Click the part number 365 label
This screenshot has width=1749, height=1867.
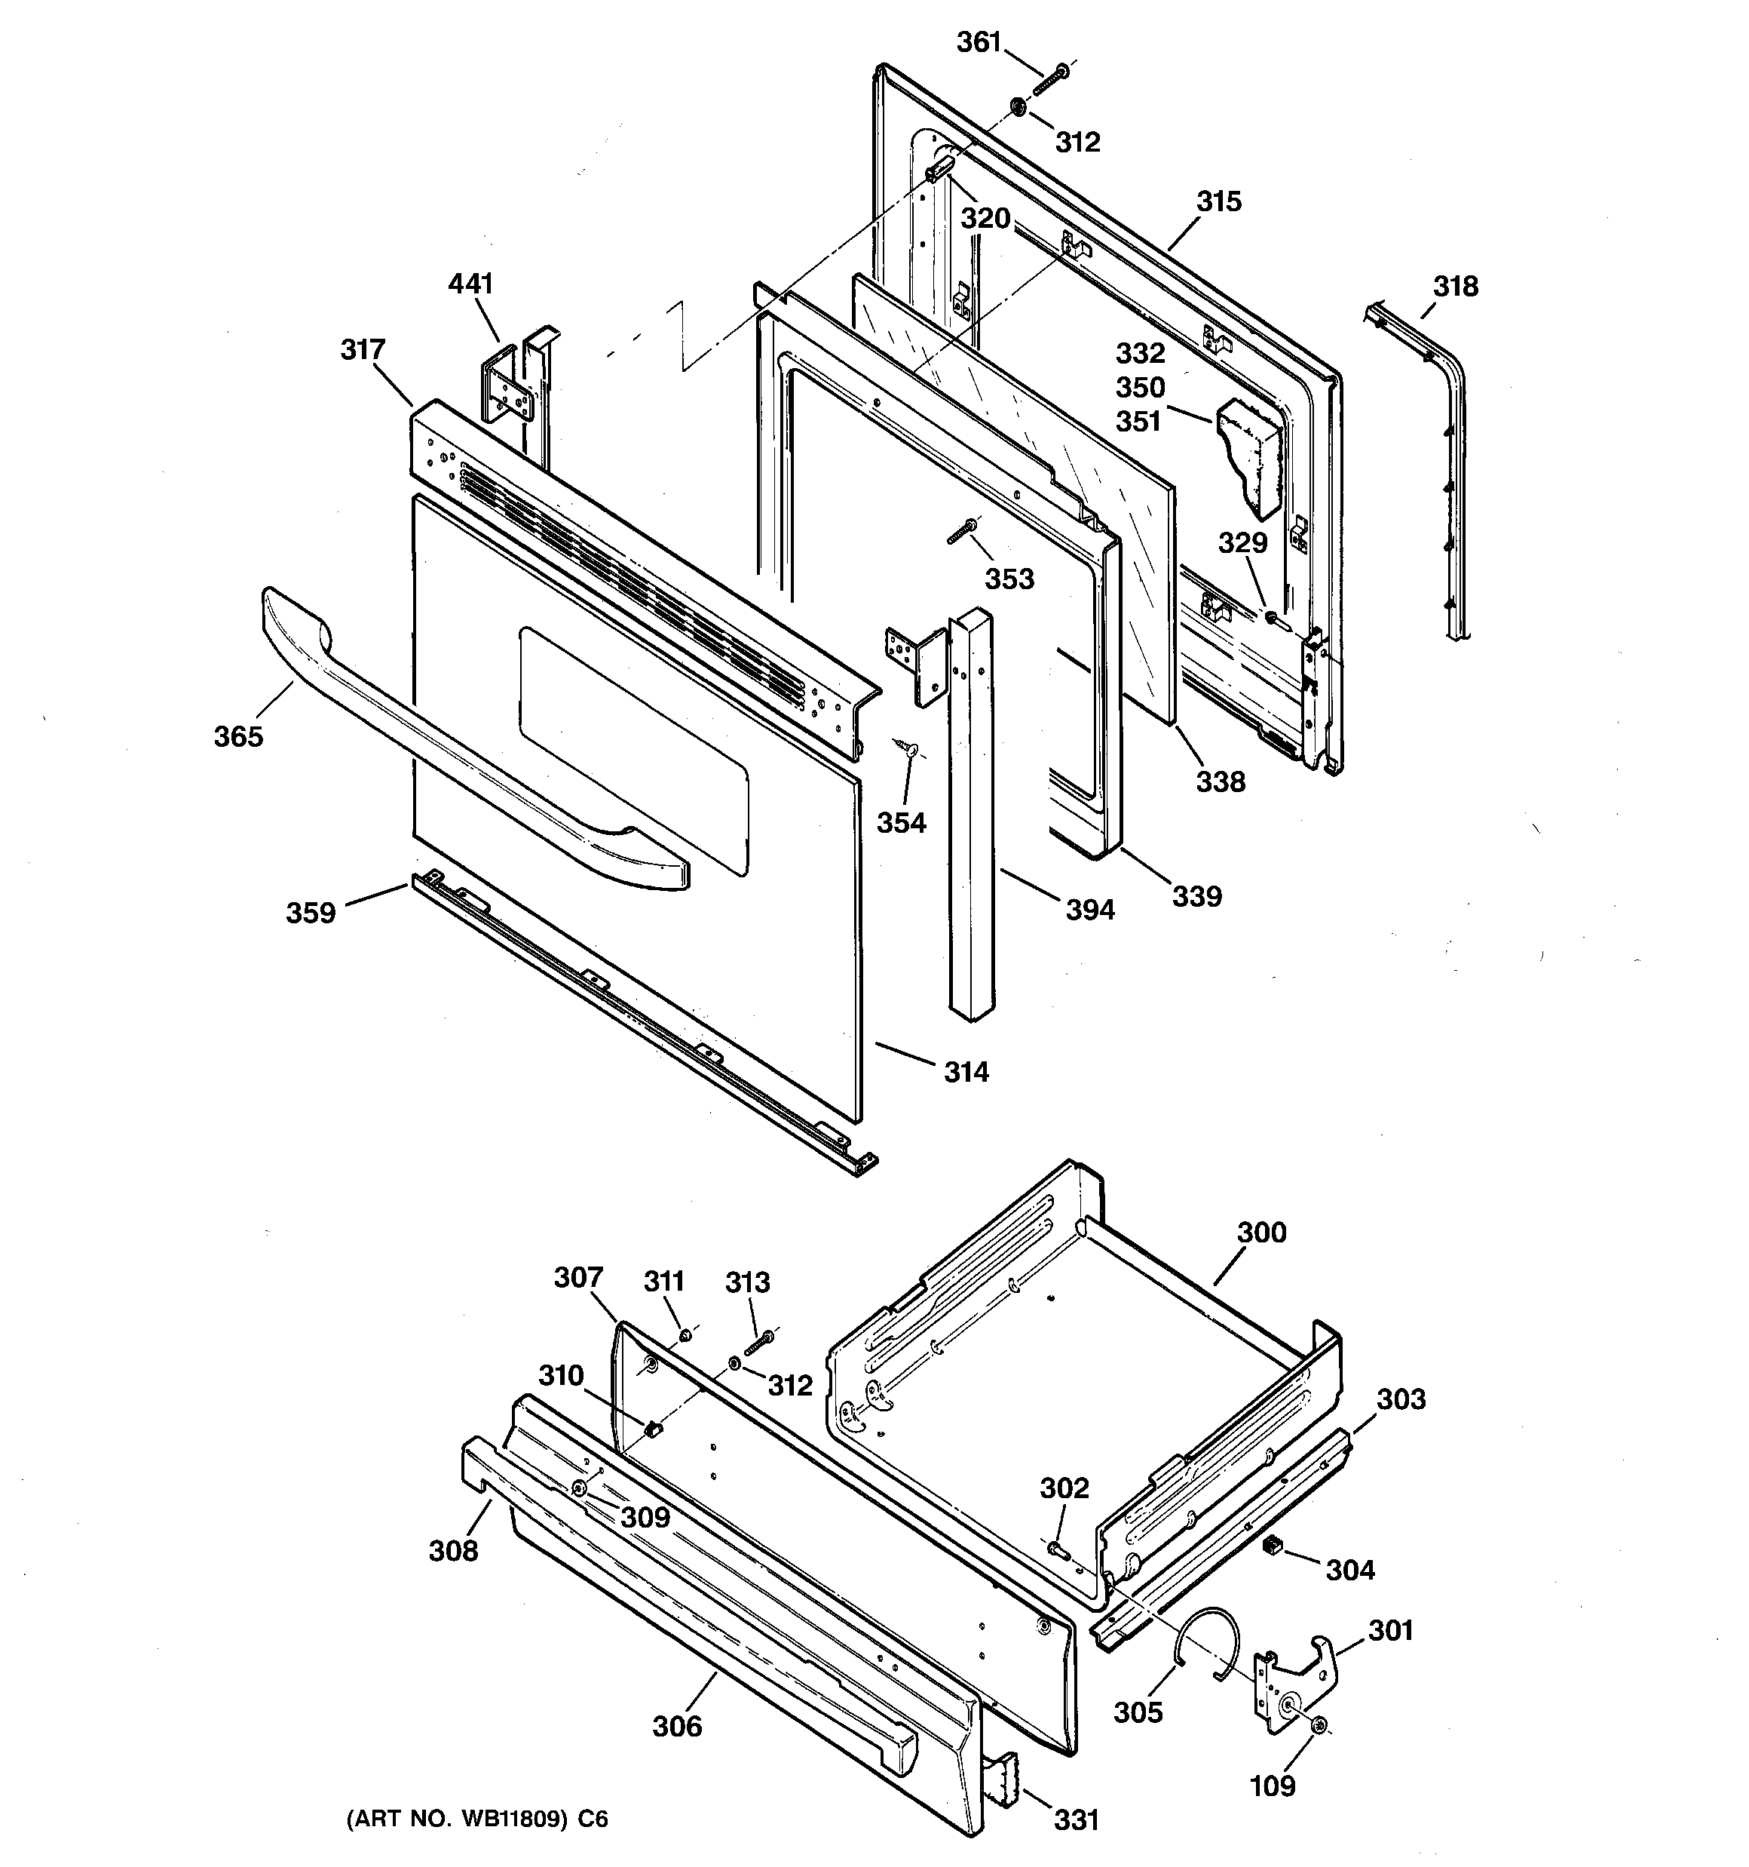click(x=238, y=737)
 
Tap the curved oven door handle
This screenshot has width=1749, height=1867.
click(x=470, y=742)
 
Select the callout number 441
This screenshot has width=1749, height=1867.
click(x=470, y=284)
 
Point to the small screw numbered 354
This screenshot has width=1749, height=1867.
click(x=907, y=748)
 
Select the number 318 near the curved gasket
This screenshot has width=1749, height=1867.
click(x=1455, y=287)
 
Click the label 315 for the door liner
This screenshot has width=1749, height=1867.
click(x=1218, y=202)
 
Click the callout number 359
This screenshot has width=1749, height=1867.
click(x=311, y=913)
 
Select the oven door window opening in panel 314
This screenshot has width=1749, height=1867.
click(x=634, y=751)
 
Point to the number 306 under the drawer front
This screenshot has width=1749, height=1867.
click(x=677, y=1726)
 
